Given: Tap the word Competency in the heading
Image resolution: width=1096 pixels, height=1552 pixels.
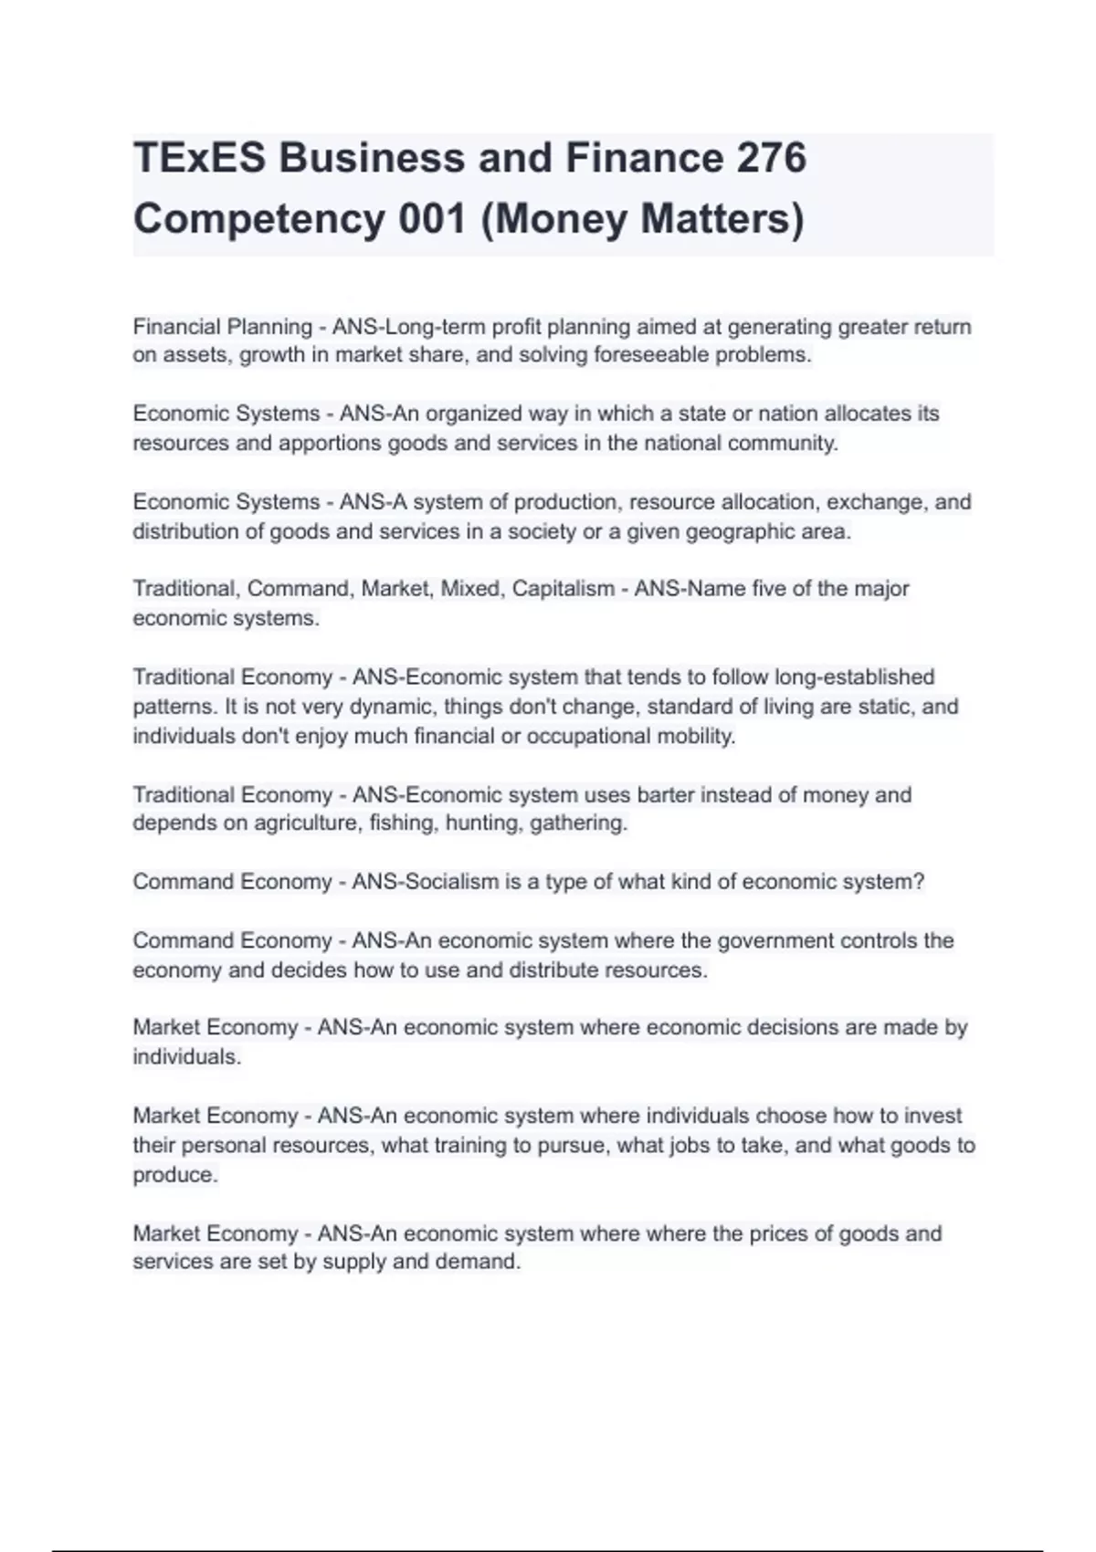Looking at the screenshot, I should (x=259, y=219).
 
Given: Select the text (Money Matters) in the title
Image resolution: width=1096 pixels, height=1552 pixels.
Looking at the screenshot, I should (x=642, y=219).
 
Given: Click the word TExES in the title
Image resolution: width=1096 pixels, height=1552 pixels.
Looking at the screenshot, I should (x=199, y=158).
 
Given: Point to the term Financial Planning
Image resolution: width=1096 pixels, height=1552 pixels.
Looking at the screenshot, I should (x=223, y=327).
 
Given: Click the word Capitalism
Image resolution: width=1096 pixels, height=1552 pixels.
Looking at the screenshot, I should (x=563, y=589).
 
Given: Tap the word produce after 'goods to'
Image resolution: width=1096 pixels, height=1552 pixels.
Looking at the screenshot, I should (x=175, y=1175).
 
